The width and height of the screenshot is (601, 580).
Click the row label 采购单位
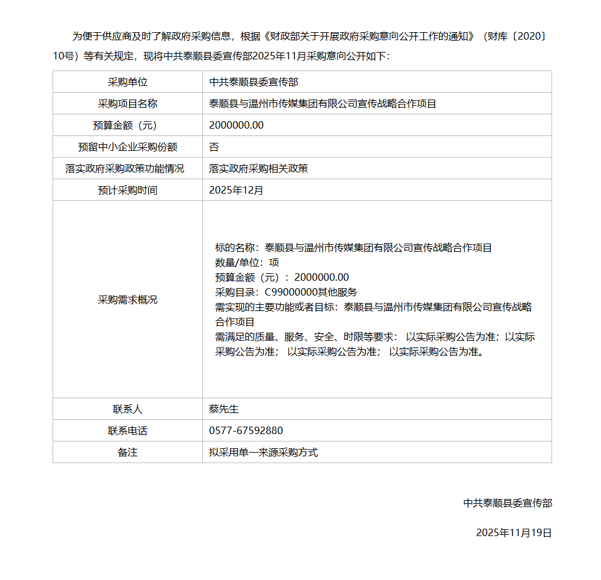(x=127, y=82)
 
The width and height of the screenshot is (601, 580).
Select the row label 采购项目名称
(x=127, y=104)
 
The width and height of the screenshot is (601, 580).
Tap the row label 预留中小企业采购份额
(x=127, y=147)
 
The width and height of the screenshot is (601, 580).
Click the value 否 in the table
(x=214, y=147)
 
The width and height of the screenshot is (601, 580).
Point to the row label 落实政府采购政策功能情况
(x=127, y=169)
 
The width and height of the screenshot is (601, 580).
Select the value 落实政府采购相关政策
(x=258, y=169)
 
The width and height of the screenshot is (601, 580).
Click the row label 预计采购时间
(x=127, y=190)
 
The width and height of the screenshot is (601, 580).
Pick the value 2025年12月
(x=236, y=190)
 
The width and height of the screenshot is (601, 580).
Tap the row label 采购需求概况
(x=127, y=300)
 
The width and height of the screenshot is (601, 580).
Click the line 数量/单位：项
(x=247, y=263)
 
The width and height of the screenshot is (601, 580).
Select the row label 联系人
(x=127, y=409)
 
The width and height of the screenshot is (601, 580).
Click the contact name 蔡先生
(x=224, y=409)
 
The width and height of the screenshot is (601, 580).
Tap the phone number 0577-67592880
(x=246, y=431)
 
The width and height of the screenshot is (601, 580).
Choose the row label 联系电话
(x=127, y=431)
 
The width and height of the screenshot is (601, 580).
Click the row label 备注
(x=127, y=453)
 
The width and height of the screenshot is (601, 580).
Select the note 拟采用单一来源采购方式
(x=263, y=453)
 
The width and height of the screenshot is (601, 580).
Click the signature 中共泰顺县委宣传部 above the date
(x=508, y=503)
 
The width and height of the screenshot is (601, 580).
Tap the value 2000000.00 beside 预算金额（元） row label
(x=236, y=126)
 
